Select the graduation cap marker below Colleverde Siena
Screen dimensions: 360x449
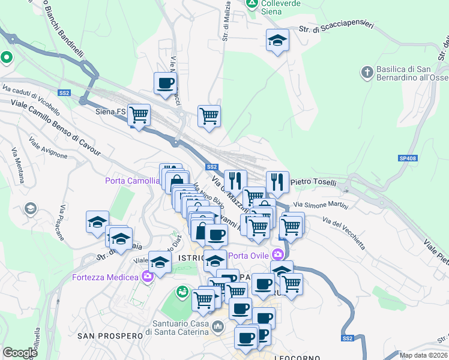point(277,40)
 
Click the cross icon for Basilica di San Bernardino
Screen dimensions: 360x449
point(367,73)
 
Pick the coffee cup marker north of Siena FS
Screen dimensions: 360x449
point(165,83)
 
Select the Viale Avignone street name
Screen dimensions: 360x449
point(48,148)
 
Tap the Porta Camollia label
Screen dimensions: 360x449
point(133,180)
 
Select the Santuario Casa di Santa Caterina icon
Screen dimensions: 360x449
point(217,328)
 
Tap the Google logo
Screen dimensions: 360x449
point(20,353)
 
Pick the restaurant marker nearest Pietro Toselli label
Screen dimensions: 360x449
point(277,180)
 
